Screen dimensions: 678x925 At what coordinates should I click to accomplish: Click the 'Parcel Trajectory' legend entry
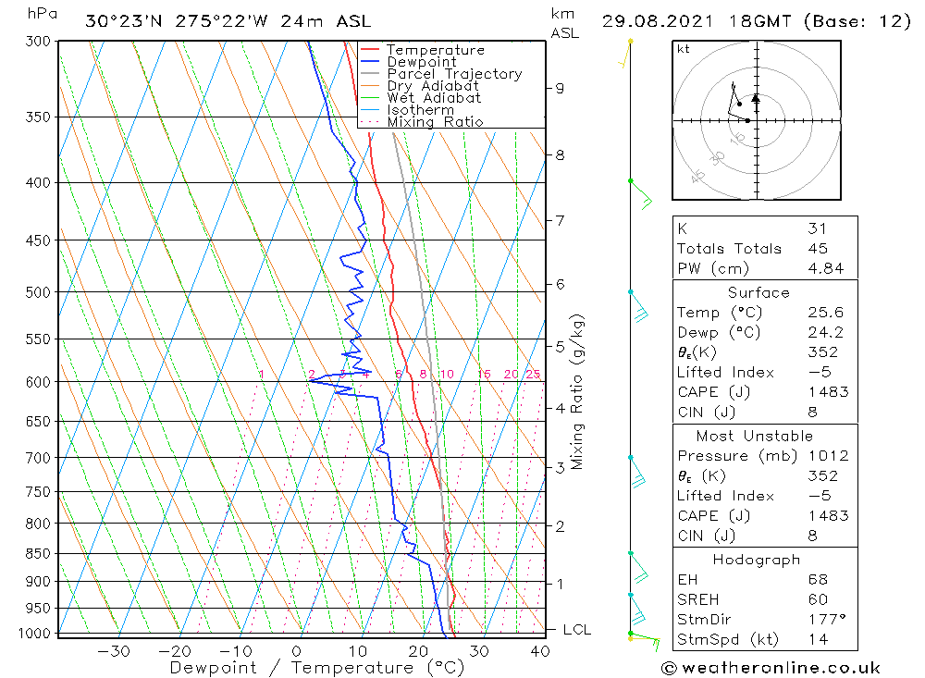click(453, 74)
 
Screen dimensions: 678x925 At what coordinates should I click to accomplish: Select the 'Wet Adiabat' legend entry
click(433, 98)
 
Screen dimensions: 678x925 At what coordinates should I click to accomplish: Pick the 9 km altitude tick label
click(560, 88)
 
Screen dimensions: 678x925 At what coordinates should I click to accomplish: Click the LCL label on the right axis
click(576, 630)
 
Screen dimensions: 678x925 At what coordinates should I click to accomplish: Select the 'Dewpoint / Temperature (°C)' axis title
click(302, 668)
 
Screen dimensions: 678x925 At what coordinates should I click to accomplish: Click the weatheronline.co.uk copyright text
click(771, 668)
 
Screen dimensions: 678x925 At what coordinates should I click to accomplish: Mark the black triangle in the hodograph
click(756, 97)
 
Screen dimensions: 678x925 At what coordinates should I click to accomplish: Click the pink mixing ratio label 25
click(533, 374)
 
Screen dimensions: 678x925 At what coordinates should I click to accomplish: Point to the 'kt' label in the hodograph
click(684, 49)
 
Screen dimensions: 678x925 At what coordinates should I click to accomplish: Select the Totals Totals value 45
click(818, 248)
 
